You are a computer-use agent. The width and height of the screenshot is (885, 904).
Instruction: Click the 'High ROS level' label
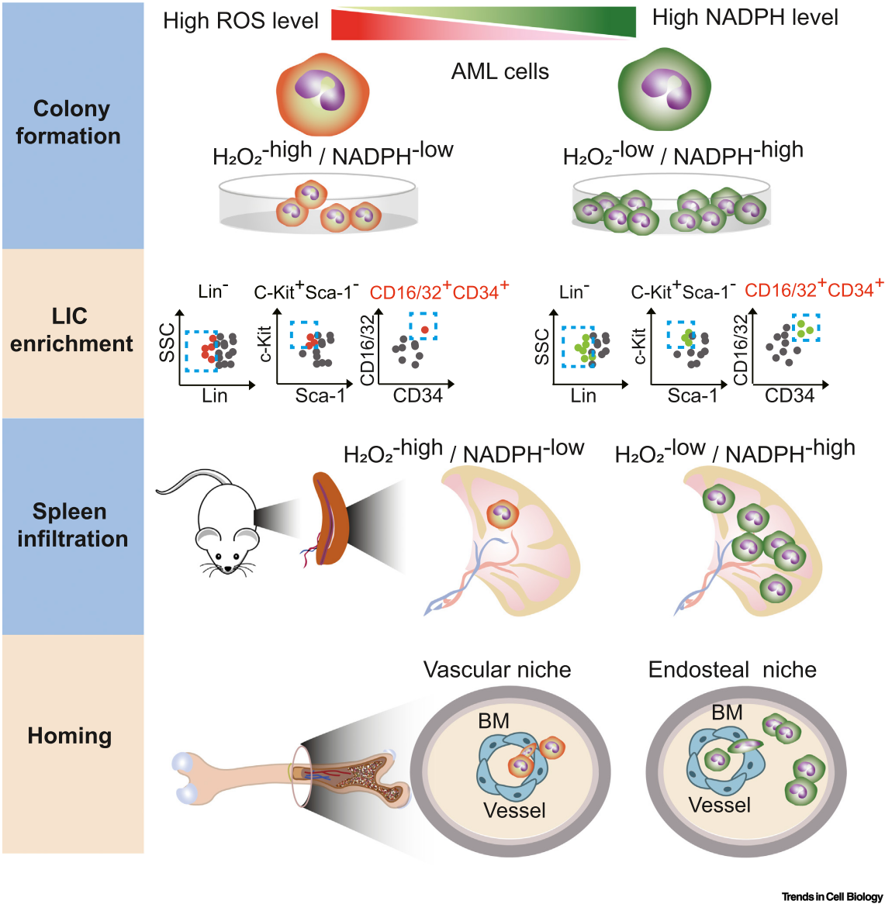click(x=240, y=21)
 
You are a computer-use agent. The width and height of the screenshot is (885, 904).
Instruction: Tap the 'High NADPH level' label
click(x=745, y=18)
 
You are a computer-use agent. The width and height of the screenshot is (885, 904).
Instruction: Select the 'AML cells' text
click(x=500, y=72)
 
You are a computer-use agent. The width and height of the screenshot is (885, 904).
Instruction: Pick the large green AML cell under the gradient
click(x=665, y=88)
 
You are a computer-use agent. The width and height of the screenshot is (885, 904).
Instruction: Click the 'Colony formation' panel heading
click(x=69, y=122)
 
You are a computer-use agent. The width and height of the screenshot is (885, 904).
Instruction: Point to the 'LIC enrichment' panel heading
click(x=71, y=330)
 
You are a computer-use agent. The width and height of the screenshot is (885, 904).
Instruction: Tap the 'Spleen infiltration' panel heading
click(x=72, y=525)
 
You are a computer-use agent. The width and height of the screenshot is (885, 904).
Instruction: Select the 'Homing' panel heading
click(x=70, y=736)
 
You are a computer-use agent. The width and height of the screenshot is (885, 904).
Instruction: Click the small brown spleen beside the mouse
click(x=330, y=518)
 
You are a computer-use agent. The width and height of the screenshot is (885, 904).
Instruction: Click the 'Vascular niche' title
click(x=497, y=670)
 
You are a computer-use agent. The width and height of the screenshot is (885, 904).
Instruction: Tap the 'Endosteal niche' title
click(x=732, y=670)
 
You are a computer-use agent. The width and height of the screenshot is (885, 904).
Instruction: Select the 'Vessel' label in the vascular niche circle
click(x=514, y=810)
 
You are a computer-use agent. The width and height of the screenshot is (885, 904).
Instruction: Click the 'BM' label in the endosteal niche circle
click(x=727, y=713)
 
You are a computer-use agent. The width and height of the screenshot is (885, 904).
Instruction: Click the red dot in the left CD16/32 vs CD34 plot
click(x=424, y=330)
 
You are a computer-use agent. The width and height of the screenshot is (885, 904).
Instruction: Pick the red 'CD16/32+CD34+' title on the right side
click(x=814, y=290)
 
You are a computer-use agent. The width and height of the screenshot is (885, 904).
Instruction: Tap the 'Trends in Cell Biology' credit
click(x=831, y=897)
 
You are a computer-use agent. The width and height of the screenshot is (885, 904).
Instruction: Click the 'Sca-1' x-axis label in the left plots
click(x=320, y=396)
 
